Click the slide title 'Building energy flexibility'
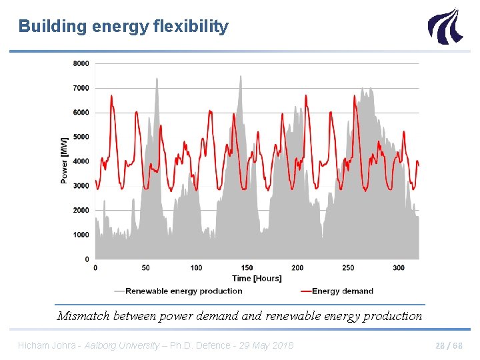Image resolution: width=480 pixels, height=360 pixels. tap(123, 27)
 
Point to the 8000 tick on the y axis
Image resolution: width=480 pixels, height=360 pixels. tap(81, 63)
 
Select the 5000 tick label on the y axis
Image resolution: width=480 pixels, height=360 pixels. tap(81, 137)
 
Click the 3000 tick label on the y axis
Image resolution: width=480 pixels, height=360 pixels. tap(81, 186)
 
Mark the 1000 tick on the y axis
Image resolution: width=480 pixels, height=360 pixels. tap(81, 235)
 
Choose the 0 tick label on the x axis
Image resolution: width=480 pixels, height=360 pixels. tap(95, 268)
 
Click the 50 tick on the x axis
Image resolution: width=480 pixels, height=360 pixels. tap(145, 268)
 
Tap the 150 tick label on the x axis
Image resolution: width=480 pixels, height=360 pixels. tap(247, 268)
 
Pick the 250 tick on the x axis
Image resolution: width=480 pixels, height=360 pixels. tap(348, 268)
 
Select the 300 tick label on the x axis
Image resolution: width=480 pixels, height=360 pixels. tap(399, 268)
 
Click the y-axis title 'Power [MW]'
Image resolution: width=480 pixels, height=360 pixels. tap(64, 161)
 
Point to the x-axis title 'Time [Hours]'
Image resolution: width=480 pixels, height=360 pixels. tap(257, 279)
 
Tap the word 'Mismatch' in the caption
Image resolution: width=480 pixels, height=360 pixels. tap(82, 316)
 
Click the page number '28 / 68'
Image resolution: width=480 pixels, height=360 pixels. tap(449, 345)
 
